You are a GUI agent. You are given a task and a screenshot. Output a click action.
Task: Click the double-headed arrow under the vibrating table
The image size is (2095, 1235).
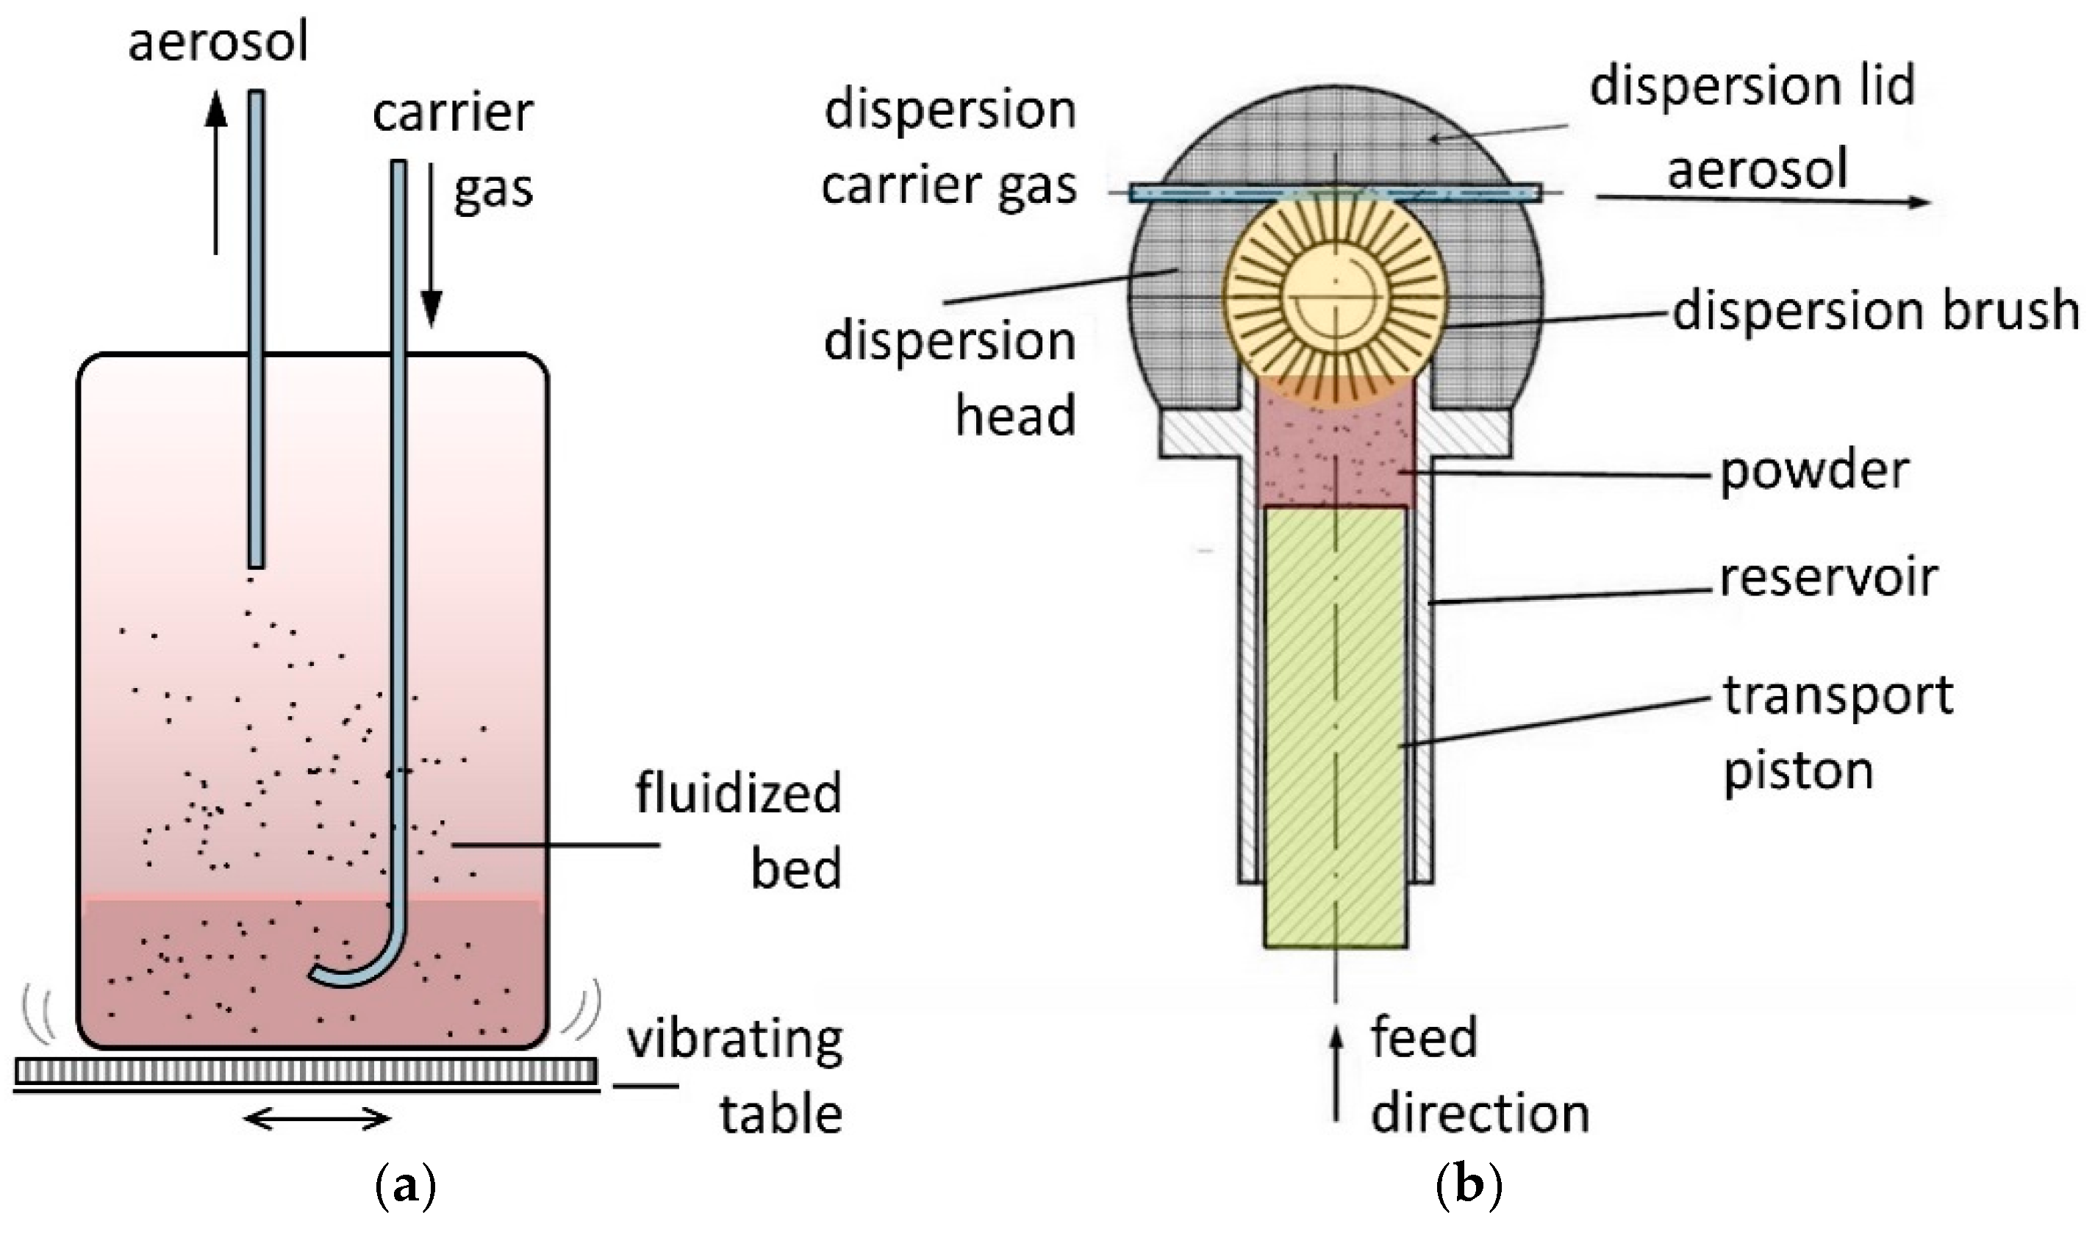[317, 1120]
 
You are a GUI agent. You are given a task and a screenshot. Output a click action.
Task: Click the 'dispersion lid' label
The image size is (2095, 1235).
[1752, 86]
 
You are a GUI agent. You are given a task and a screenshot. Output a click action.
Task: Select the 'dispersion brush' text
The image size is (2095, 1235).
[1874, 310]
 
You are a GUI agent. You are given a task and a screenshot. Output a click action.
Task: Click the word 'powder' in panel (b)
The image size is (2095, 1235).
[1813, 472]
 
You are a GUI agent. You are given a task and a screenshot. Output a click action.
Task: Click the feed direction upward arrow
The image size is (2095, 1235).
[1336, 1073]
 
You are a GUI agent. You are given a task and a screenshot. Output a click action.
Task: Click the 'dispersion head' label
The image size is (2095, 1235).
[950, 379]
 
